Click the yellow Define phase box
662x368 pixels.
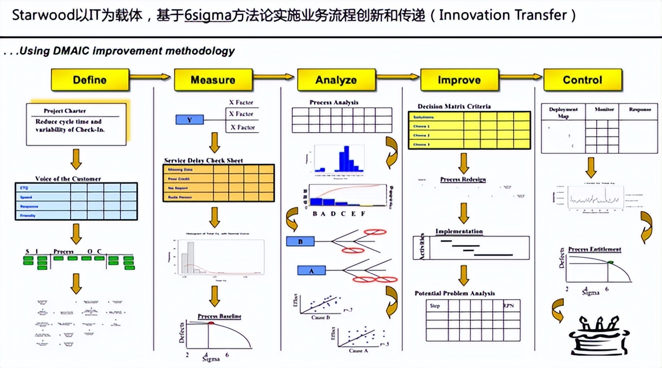90,80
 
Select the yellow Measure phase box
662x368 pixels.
213,80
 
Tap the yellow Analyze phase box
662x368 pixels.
336,80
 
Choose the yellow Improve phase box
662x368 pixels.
459,80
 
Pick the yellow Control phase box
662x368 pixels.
582,80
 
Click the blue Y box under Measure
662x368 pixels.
189,120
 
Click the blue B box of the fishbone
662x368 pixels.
300,242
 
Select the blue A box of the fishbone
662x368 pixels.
311,271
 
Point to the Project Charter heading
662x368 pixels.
65,111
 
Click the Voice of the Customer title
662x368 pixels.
68,179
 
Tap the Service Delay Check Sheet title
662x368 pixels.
204,161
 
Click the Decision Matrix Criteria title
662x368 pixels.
454,107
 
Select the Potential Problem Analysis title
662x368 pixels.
455,293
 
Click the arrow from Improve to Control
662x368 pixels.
520,77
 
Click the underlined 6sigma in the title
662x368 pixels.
208,15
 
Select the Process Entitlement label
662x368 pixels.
594,249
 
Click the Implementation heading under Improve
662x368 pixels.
459,232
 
